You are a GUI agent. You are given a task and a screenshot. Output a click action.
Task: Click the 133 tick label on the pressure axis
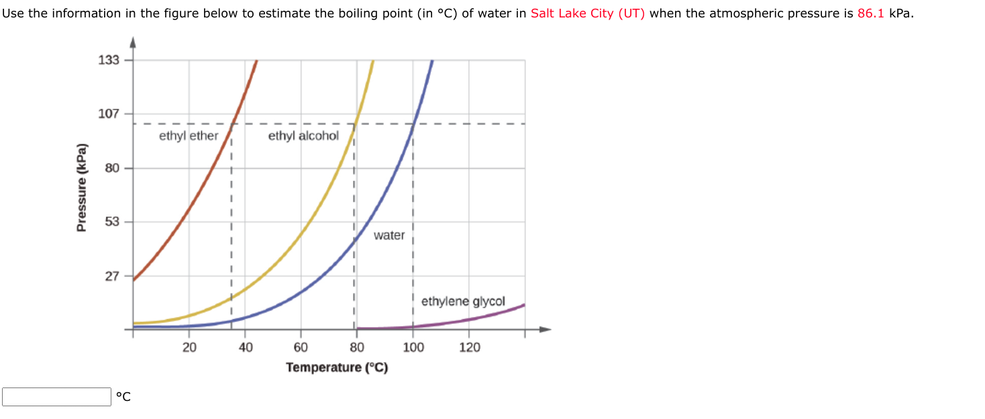109,60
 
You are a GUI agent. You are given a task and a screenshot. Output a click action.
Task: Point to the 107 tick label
109,114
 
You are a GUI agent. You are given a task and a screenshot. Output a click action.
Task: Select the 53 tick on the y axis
111,222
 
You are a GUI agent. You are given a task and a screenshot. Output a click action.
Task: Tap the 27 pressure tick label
111,276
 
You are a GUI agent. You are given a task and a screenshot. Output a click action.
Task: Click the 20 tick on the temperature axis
189,347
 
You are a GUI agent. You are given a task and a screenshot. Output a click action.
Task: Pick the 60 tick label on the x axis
301,347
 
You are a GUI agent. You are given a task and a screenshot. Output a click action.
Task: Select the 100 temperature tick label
413,347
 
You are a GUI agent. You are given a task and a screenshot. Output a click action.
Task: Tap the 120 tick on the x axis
470,347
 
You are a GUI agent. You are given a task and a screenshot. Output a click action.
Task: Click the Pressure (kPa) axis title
82,188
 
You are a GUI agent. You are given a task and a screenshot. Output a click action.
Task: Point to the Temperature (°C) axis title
337,367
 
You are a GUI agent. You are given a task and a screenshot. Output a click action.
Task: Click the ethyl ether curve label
189,136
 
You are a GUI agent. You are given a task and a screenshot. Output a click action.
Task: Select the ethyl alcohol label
303,136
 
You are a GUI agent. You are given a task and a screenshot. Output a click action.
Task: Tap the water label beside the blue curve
389,235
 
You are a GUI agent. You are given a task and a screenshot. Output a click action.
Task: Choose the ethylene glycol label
463,302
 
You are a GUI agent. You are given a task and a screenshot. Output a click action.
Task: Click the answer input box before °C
56,397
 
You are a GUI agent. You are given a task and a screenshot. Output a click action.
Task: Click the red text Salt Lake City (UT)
587,13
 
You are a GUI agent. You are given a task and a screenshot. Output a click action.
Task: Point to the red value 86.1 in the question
871,13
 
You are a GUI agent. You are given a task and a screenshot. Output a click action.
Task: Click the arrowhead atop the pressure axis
133,44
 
